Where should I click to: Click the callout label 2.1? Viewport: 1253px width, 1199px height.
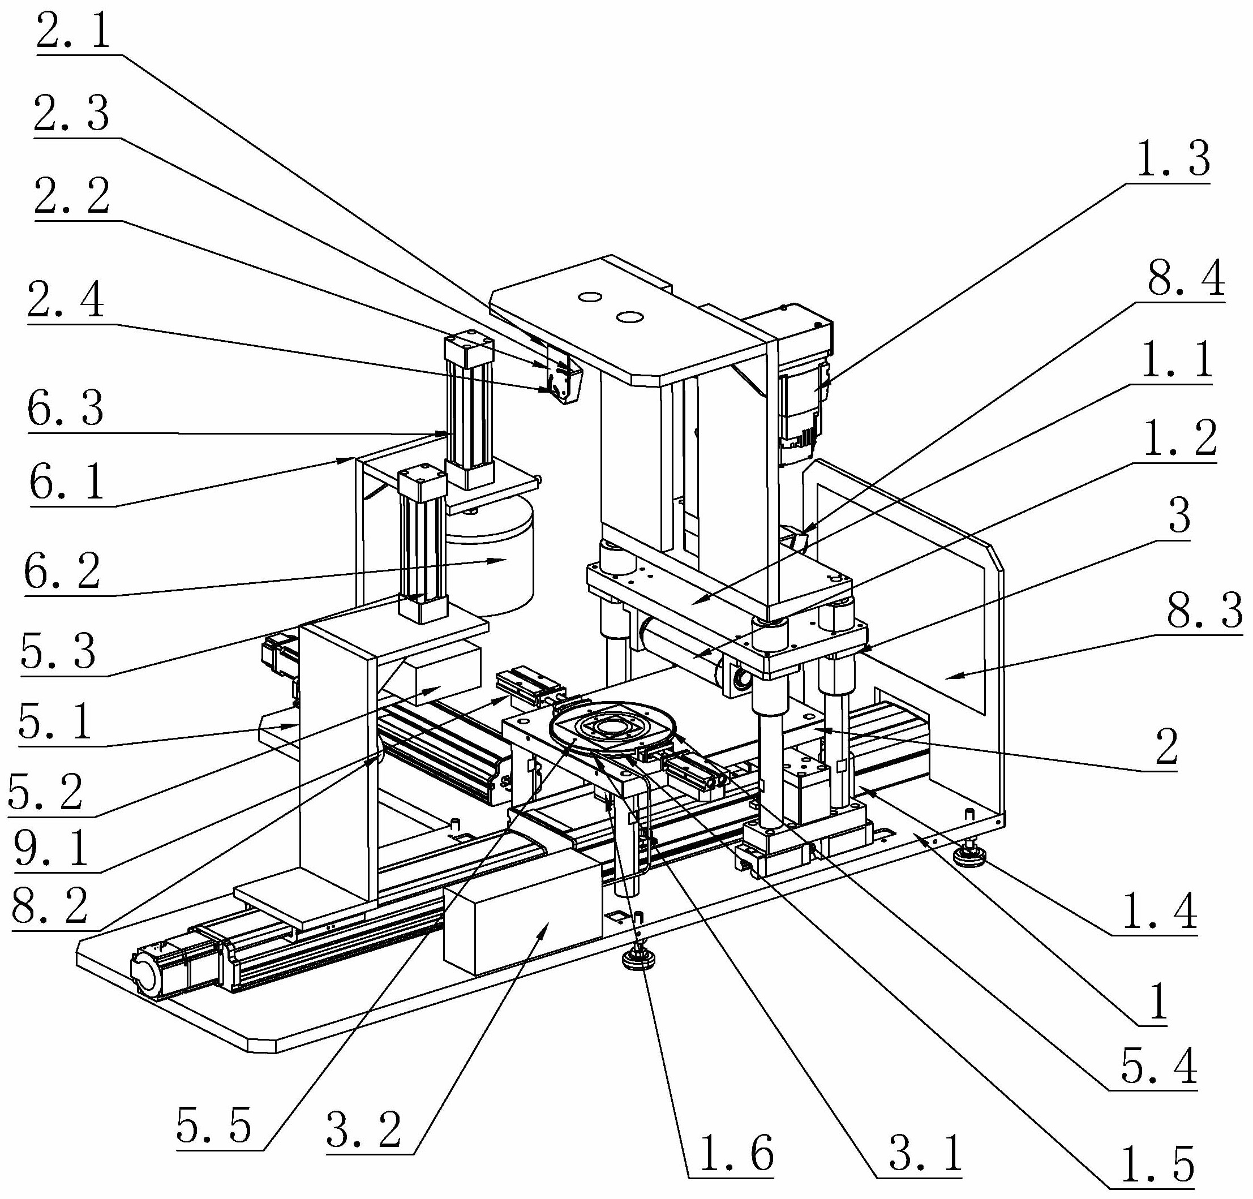click(x=73, y=33)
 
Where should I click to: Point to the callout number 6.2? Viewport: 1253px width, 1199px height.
click(x=62, y=571)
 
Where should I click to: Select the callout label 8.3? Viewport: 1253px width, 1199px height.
click(x=1204, y=611)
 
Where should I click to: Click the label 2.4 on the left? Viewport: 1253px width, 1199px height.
click(x=65, y=300)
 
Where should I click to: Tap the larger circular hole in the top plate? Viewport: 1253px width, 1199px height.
click(x=629, y=317)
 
